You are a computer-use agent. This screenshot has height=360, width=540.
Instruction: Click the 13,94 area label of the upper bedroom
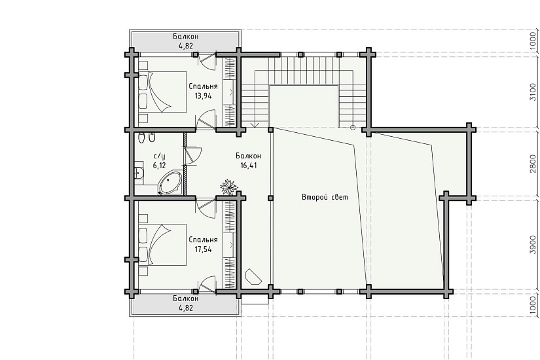[203, 96]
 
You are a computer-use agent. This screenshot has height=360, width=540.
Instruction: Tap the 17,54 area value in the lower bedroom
[203, 249]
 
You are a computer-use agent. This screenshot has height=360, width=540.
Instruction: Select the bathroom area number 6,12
[159, 166]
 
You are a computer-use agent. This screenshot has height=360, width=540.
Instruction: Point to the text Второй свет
[325, 197]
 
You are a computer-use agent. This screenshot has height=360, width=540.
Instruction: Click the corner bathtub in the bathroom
[170, 183]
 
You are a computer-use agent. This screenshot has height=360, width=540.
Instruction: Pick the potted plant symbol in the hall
[229, 187]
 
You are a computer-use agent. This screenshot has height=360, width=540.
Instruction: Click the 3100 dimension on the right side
[533, 92]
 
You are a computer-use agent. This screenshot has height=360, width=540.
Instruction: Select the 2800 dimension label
[533, 164]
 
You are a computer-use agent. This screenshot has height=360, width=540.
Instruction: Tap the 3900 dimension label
[533, 245]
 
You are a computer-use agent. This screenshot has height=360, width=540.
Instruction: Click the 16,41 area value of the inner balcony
[249, 166]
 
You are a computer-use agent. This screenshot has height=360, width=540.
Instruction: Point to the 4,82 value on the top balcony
[186, 45]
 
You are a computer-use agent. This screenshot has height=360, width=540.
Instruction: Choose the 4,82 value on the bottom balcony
[186, 308]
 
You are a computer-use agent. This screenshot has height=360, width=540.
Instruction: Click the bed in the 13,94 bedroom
[162, 92]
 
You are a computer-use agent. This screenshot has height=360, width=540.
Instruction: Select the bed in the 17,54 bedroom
[162, 245]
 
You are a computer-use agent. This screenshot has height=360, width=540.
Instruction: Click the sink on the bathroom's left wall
[139, 173]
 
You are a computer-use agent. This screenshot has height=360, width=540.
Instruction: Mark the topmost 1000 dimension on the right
[533, 41]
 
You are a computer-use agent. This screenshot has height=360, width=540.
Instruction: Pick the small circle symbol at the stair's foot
[353, 128]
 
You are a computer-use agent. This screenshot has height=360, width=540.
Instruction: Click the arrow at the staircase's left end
[255, 124]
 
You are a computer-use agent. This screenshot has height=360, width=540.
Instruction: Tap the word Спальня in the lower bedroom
[203, 240]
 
